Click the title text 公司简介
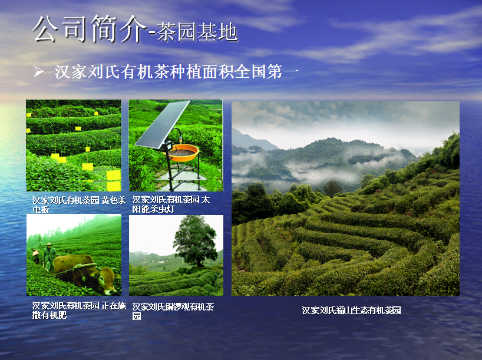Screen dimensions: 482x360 click(x=89, y=29)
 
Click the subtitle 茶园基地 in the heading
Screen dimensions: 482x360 click(x=197, y=32)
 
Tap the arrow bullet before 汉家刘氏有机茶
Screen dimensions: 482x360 click(x=38, y=72)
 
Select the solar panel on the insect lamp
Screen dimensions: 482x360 click(x=163, y=124)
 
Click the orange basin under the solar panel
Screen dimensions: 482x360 click(x=183, y=152)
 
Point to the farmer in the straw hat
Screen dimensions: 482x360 click(x=49, y=257)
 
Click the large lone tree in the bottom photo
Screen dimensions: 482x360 click(x=195, y=239)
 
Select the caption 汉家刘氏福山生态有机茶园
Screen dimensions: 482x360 click(x=351, y=310)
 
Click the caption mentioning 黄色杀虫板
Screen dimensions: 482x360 click(x=79, y=205)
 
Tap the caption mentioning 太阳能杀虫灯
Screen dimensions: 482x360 click(x=171, y=204)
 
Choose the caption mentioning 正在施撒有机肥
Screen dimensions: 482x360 click(x=79, y=310)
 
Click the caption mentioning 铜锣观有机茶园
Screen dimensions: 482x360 click(x=173, y=311)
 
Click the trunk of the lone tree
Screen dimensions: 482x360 click(x=200, y=262)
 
